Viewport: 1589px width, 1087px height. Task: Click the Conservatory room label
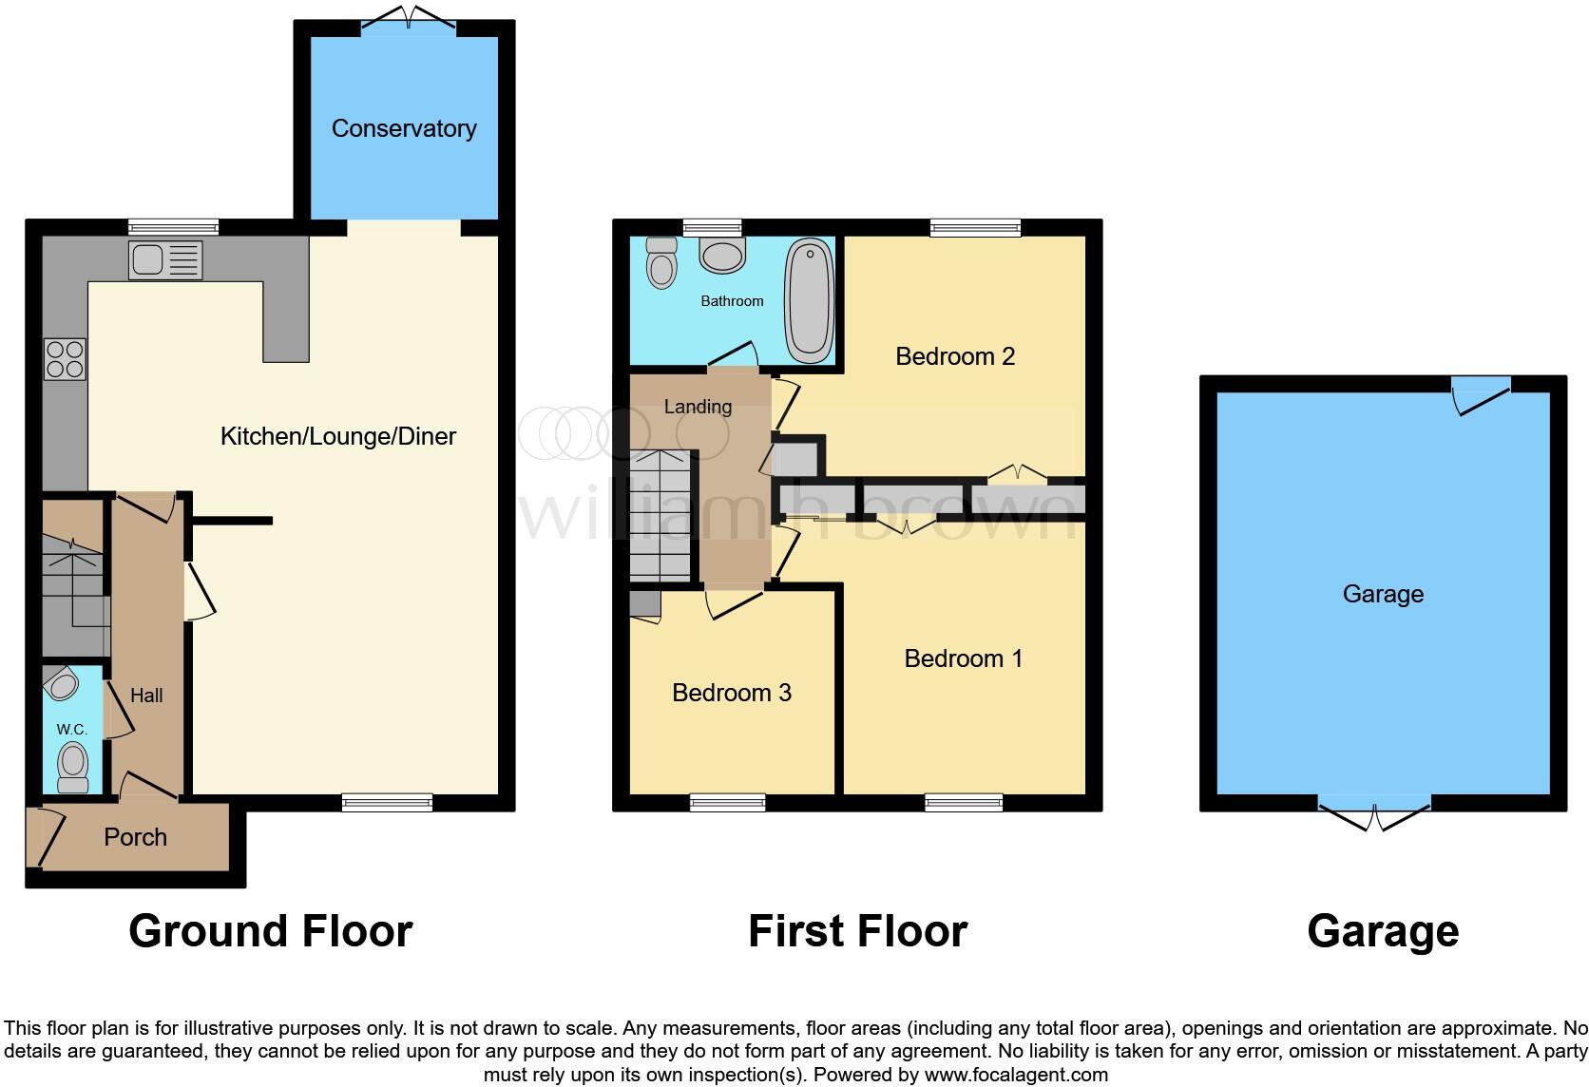click(x=404, y=128)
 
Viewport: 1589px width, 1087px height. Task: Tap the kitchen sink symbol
click(x=165, y=259)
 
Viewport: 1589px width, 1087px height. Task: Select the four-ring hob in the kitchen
click(x=65, y=359)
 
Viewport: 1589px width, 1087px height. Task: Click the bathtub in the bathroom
click(x=809, y=300)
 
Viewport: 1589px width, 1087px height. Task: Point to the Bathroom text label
click(x=732, y=301)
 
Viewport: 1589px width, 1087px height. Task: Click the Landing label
click(x=698, y=407)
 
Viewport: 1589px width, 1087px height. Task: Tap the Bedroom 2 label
click(x=955, y=356)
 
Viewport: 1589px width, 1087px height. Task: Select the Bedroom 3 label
click(x=731, y=693)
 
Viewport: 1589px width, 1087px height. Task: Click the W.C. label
click(x=72, y=730)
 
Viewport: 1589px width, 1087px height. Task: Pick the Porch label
click(x=135, y=837)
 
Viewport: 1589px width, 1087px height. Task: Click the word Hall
click(x=146, y=696)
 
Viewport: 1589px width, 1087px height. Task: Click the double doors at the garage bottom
click(x=1374, y=814)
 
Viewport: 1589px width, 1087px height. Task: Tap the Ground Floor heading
click(x=271, y=931)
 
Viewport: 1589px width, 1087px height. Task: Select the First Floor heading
click(x=857, y=931)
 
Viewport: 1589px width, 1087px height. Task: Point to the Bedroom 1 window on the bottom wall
click(x=964, y=804)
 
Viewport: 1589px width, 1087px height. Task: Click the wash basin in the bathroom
click(x=722, y=254)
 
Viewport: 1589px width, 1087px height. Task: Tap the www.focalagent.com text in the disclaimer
click(x=1016, y=1076)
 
